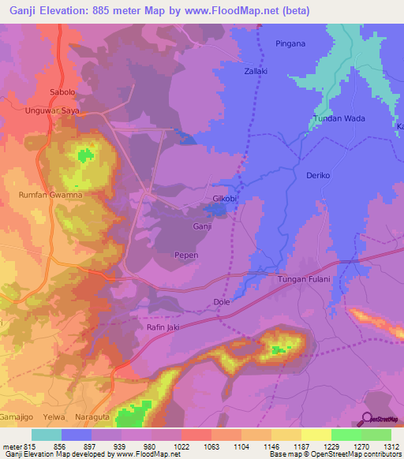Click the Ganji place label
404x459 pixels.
click(x=203, y=226)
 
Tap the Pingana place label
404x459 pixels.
click(x=290, y=43)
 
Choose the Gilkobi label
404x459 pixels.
click(x=225, y=199)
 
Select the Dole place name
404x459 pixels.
click(x=222, y=301)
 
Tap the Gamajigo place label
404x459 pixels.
click(x=17, y=413)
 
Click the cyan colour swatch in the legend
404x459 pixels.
click(x=47, y=435)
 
